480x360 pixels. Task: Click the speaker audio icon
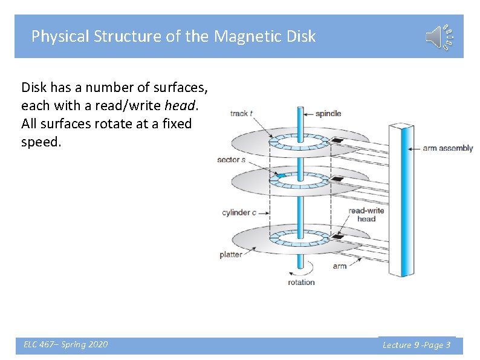439,37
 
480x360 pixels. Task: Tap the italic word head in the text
180,105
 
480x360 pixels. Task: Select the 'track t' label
241,113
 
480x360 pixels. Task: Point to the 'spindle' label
329,113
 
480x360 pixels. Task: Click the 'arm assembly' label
447,148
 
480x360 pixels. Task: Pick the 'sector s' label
231,160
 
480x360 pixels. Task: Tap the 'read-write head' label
366,215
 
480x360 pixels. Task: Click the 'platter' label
231,255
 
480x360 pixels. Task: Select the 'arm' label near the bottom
340,266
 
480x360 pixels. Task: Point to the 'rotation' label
301,282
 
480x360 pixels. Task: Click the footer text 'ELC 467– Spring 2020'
66,344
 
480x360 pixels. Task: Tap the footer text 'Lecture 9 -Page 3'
417,345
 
